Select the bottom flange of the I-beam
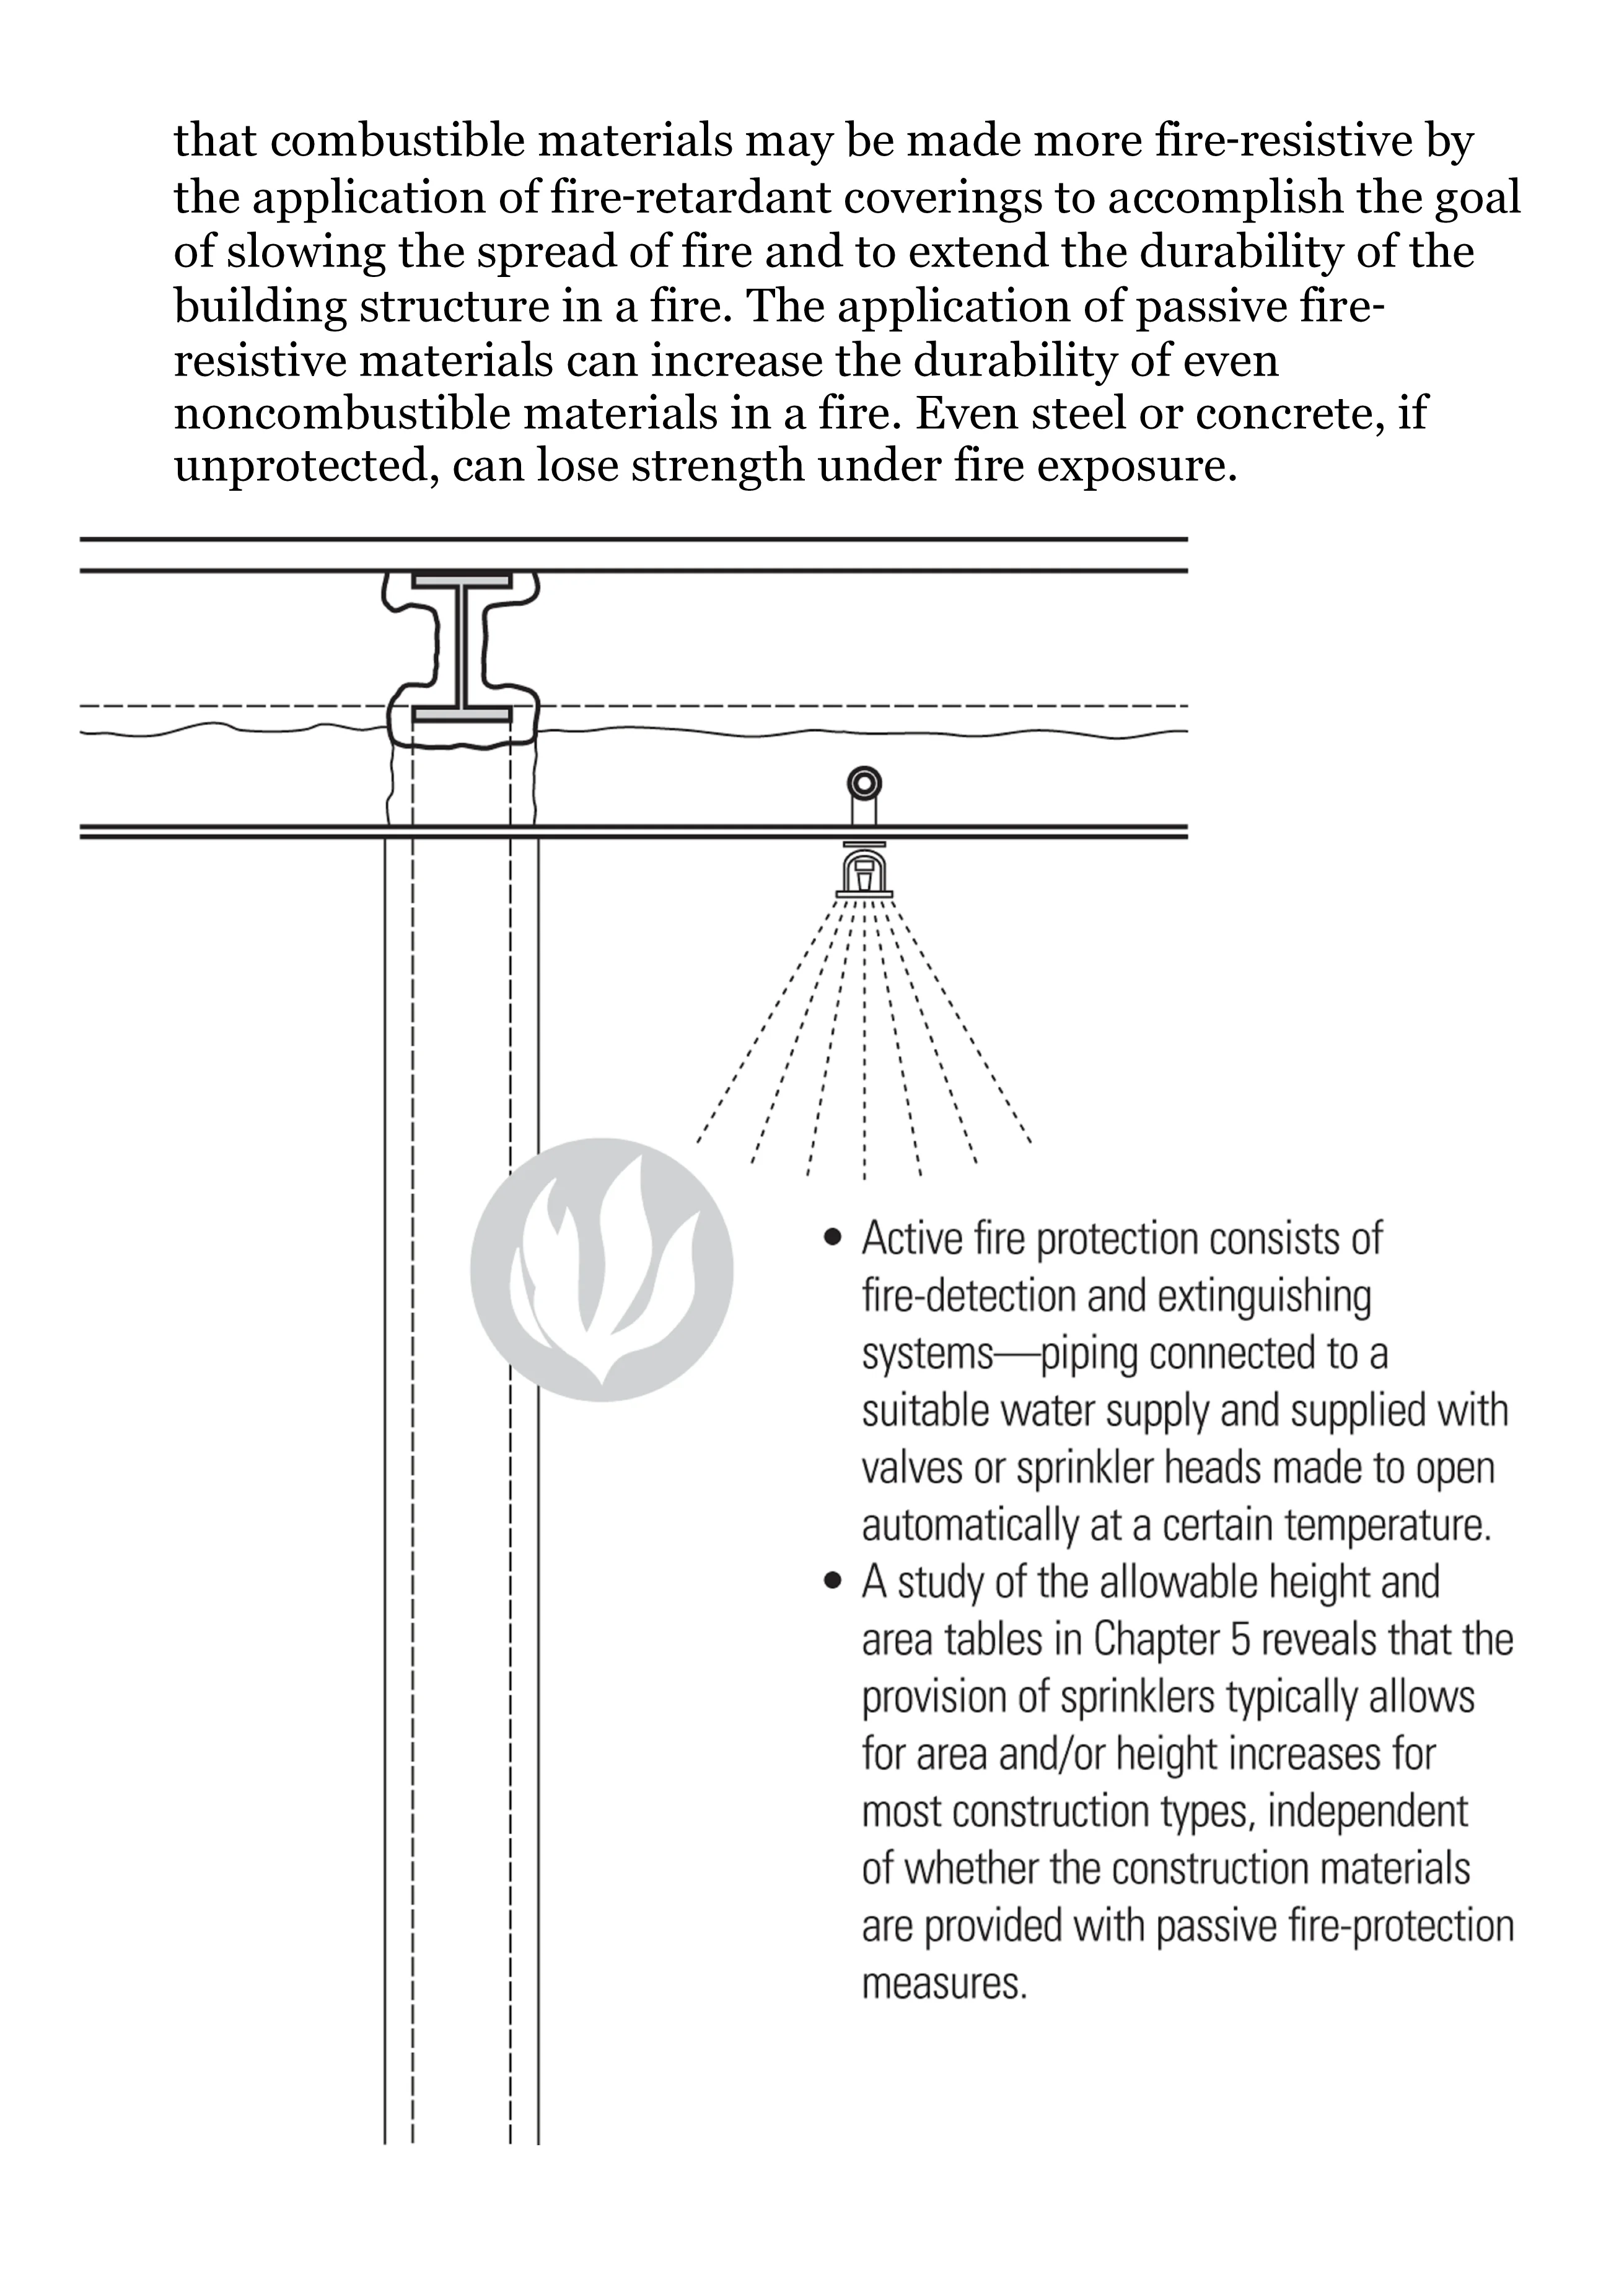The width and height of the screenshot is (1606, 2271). coord(462,714)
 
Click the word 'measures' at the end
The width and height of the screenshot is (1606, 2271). coord(944,1984)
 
